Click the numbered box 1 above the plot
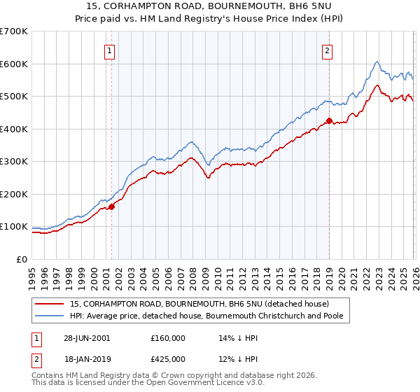click(x=111, y=50)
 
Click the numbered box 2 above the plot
click(x=328, y=50)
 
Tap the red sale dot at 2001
click(x=111, y=206)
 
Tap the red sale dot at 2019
click(x=329, y=120)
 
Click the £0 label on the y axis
click(x=22, y=259)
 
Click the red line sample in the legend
click(x=50, y=304)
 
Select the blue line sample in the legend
click(x=50, y=316)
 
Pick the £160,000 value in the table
click(x=168, y=337)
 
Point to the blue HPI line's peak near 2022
click(x=377, y=61)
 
